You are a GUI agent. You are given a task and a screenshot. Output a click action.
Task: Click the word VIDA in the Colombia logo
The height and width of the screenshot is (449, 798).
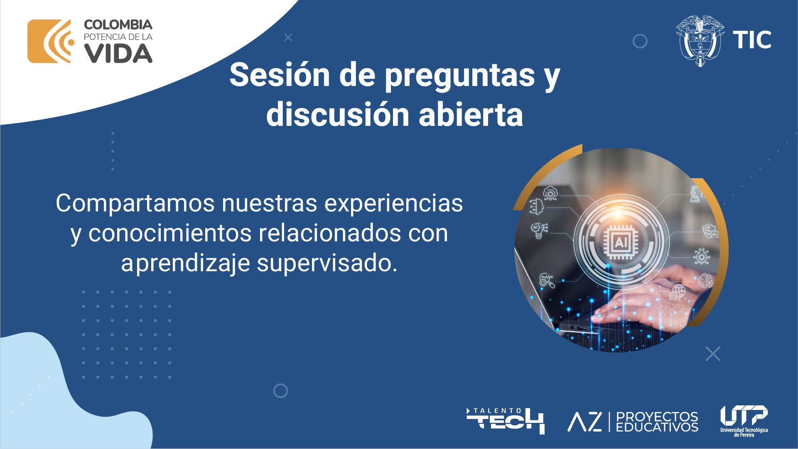(x=118, y=54)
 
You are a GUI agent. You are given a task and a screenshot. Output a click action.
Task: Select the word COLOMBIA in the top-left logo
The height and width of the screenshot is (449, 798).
(x=118, y=25)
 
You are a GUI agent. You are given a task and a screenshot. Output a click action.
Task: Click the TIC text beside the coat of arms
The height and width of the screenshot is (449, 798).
(x=752, y=40)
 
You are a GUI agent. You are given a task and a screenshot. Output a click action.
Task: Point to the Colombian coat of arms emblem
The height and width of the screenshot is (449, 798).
(x=700, y=41)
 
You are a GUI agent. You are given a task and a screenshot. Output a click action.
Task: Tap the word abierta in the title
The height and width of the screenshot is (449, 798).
(x=471, y=114)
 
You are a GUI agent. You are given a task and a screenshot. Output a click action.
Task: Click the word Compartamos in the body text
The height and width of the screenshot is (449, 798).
(x=135, y=204)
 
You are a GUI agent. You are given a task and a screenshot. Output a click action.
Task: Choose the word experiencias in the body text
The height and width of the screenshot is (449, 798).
(x=393, y=204)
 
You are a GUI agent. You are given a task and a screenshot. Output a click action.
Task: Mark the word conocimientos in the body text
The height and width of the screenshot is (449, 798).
(x=170, y=233)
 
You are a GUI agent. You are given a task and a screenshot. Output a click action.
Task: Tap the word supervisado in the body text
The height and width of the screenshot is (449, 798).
(x=327, y=263)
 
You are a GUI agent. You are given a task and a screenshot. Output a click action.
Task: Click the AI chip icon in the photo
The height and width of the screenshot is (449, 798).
(x=621, y=242)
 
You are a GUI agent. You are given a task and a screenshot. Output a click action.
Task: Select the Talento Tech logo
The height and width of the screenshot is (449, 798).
(x=505, y=421)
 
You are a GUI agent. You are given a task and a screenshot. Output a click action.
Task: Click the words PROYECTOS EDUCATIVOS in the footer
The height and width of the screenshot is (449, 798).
(x=657, y=422)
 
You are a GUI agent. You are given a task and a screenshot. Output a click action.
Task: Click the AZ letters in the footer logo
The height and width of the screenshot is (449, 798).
(x=584, y=422)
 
